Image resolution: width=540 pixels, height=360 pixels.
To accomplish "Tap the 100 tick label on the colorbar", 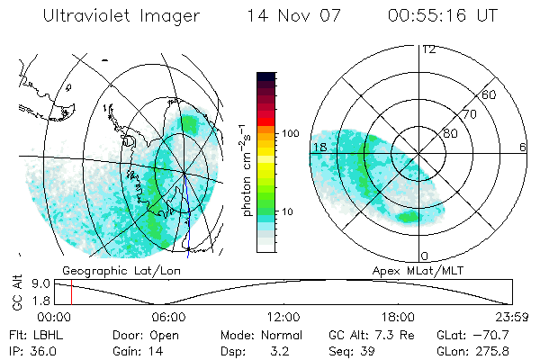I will click(292, 133).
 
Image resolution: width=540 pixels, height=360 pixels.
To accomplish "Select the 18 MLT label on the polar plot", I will click(319, 147).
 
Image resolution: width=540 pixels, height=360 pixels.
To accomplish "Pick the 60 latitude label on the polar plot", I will click(490, 94).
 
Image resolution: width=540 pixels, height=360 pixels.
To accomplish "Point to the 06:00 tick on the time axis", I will click(168, 317).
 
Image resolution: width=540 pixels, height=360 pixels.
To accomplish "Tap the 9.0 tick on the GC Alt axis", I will click(28, 283).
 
